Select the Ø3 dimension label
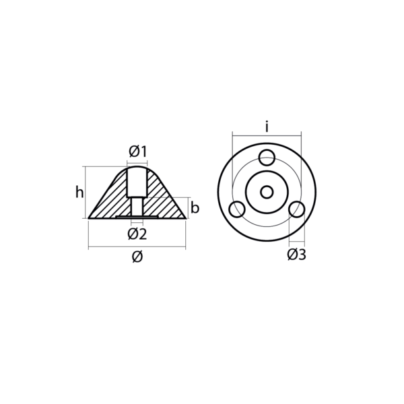point(296,255)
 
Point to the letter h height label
point(79,193)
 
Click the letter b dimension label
point(195,208)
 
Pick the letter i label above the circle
point(267,126)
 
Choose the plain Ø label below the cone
point(137,257)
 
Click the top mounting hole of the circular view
point(267,158)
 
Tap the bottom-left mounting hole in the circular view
point(236,209)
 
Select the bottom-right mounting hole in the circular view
point(297,209)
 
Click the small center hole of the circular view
point(267,192)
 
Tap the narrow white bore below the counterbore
point(137,207)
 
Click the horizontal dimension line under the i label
point(267,135)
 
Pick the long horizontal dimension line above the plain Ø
point(137,248)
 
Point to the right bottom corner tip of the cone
point(184,217)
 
